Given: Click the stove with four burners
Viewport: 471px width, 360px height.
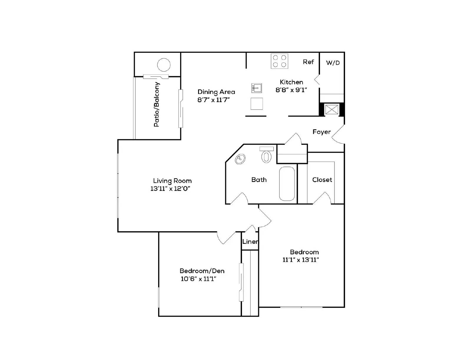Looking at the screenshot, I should pyautogui.click(x=279, y=61).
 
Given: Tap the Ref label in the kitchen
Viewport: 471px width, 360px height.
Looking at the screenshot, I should pyautogui.click(x=308, y=62).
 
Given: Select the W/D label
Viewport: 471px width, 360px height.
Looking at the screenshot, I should pyautogui.click(x=333, y=63).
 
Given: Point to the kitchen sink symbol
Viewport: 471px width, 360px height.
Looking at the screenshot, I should pyautogui.click(x=257, y=88).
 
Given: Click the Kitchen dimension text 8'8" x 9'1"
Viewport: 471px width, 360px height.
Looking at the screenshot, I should pyautogui.click(x=291, y=90).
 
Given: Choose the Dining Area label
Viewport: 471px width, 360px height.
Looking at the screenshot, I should pyautogui.click(x=216, y=92).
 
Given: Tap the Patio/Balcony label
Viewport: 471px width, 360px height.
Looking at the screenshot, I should pyautogui.click(x=157, y=104).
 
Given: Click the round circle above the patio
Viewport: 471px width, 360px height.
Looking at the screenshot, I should pyautogui.click(x=164, y=65).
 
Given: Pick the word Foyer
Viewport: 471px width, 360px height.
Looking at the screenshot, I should pyautogui.click(x=321, y=132).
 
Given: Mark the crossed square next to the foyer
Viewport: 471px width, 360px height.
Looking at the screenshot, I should pyautogui.click(x=331, y=110).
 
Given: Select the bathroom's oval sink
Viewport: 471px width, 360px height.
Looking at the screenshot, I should pyautogui.click(x=240, y=159).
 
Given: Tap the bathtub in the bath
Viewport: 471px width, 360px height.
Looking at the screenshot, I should pyautogui.click(x=287, y=184).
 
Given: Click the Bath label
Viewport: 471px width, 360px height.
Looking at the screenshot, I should pyautogui.click(x=259, y=180).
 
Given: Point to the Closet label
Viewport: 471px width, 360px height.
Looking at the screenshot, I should pyautogui.click(x=322, y=180).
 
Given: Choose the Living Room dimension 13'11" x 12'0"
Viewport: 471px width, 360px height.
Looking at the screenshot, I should pyautogui.click(x=170, y=189).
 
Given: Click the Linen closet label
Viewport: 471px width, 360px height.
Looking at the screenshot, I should pyautogui.click(x=250, y=242).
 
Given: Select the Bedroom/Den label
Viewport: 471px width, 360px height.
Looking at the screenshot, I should pyautogui.click(x=202, y=271).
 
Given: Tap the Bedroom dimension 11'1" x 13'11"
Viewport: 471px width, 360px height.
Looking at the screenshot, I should pyautogui.click(x=301, y=260).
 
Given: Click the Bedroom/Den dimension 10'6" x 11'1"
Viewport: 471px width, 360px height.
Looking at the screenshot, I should pyautogui.click(x=198, y=279).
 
